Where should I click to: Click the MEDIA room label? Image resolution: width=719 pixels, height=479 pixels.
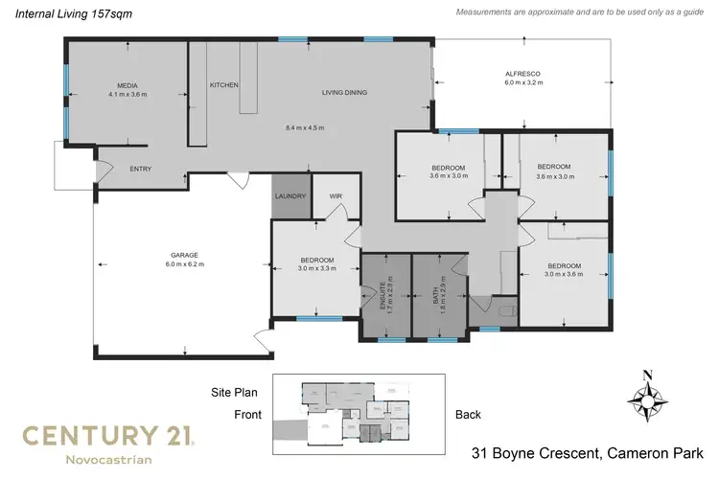point(122,84)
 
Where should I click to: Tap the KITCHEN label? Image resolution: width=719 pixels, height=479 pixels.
point(223,85)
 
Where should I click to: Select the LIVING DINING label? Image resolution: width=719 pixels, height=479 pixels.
point(344,93)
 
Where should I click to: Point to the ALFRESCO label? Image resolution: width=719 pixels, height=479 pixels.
point(523,74)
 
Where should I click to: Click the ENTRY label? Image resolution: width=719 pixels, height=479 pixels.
point(141,170)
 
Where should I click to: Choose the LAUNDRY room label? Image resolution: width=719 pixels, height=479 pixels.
point(290,196)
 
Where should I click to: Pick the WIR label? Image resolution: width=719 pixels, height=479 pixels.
point(336,196)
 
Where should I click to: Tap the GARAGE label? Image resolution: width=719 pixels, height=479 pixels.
point(185,255)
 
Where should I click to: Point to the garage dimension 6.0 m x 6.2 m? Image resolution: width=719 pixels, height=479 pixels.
point(185,264)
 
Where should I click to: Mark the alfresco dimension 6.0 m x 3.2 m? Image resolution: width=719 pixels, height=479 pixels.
point(523,83)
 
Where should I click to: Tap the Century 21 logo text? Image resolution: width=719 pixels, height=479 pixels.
point(109,436)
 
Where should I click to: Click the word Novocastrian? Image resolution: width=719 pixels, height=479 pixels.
point(107,460)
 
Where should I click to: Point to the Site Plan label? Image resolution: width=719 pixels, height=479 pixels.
point(234,392)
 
